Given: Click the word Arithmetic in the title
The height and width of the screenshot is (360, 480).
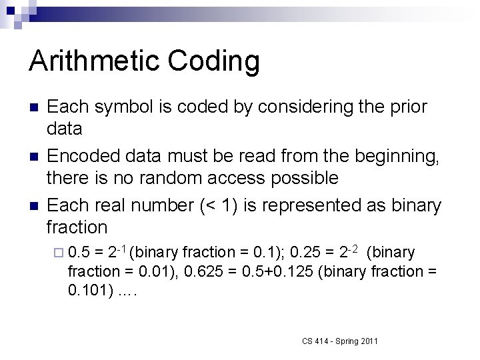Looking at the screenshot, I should click(93, 61).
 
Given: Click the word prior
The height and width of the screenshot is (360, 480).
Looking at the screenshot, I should click(405, 107).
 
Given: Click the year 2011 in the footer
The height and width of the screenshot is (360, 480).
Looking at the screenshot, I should click(367, 341).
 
